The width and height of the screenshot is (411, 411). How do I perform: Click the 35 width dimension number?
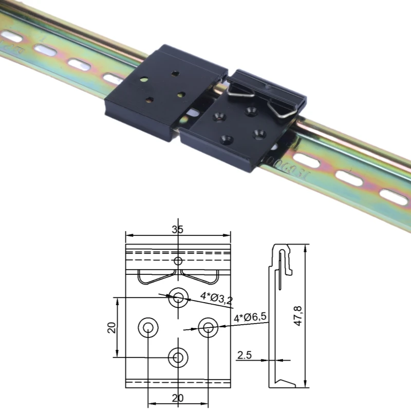coord(178,230)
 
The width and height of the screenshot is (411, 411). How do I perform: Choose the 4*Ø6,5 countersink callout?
coord(250,318)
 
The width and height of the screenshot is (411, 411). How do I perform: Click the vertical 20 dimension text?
coord(111,327)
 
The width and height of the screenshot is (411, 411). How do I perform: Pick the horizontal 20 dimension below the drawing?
coord(178,398)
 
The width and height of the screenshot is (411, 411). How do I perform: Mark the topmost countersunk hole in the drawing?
coord(178,296)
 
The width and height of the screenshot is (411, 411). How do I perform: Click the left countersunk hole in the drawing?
coord(148,326)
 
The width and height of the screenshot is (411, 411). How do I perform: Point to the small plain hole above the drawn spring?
coord(178,261)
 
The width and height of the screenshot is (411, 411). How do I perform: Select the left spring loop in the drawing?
coord(151,278)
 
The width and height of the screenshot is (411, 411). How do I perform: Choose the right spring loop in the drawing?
coord(204,278)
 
